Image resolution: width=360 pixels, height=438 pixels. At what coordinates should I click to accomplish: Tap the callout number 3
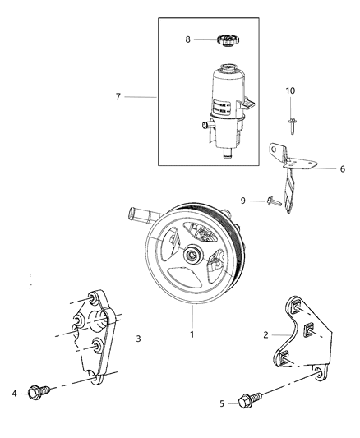click(x=138, y=338)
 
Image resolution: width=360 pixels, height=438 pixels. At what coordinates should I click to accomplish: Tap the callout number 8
click(x=187, y=39)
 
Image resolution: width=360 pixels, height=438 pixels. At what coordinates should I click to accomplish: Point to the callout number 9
click(x=242, y=200)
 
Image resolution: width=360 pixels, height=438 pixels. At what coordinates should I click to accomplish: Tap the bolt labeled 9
click(x=271, y=200)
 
